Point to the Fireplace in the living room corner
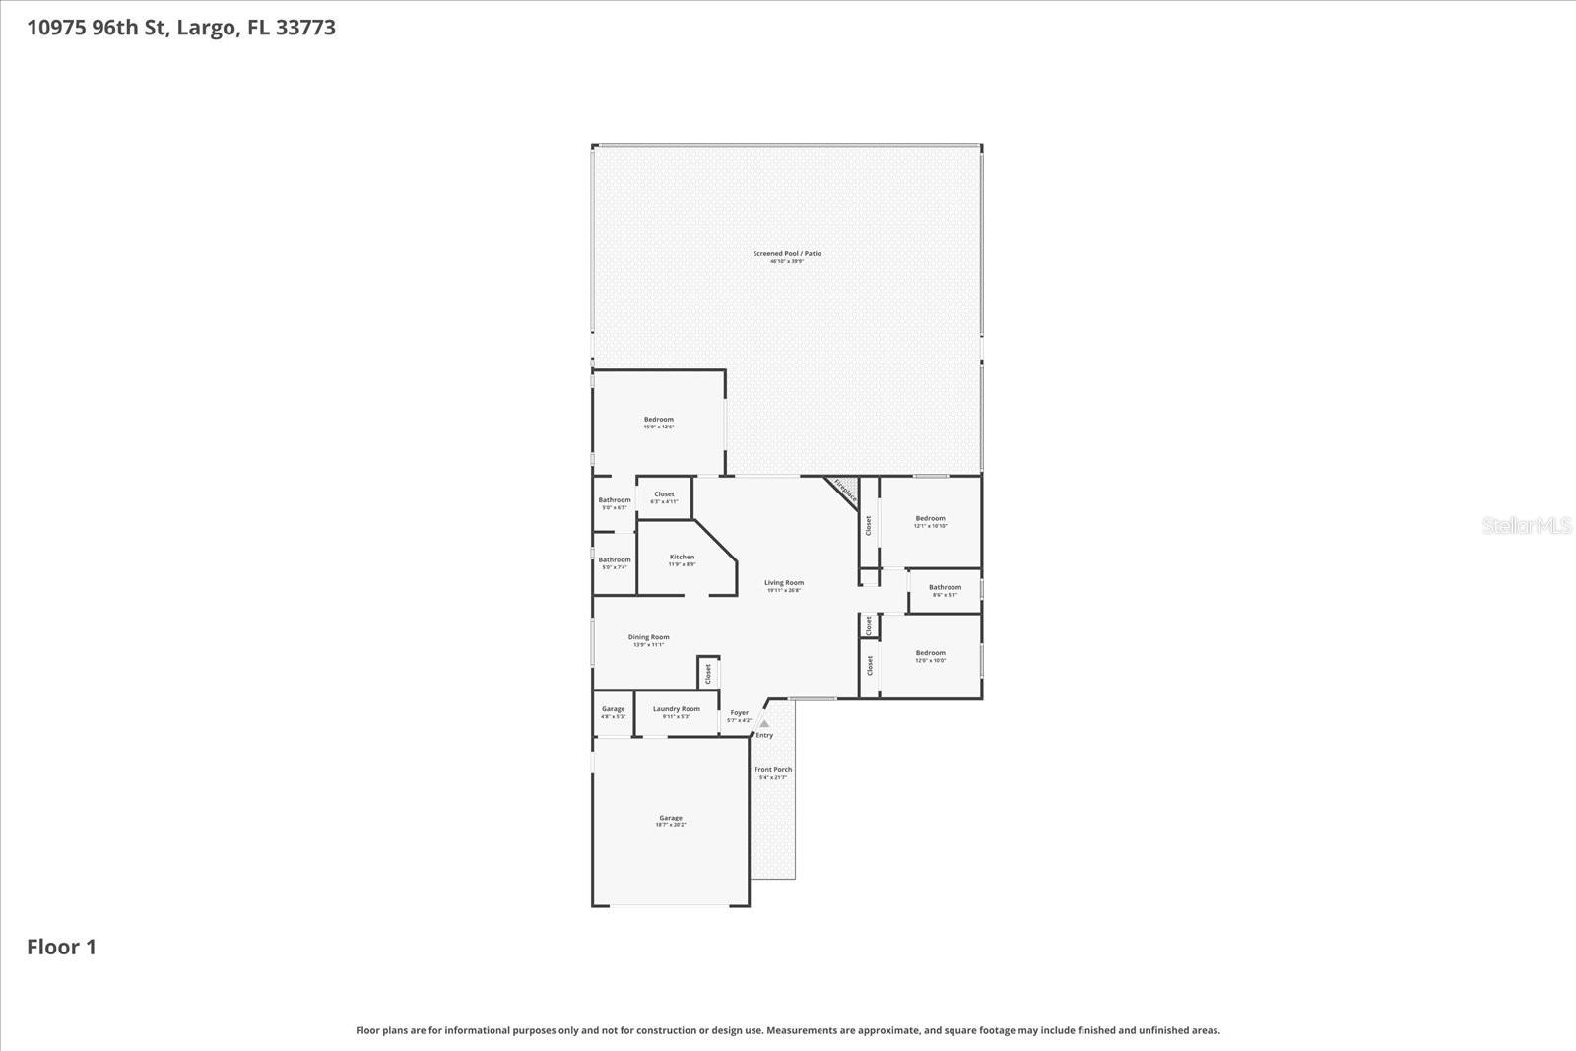(843, 491)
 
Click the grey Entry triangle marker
(764, 723)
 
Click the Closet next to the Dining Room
(707, 674)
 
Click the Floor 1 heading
(61, 947)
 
